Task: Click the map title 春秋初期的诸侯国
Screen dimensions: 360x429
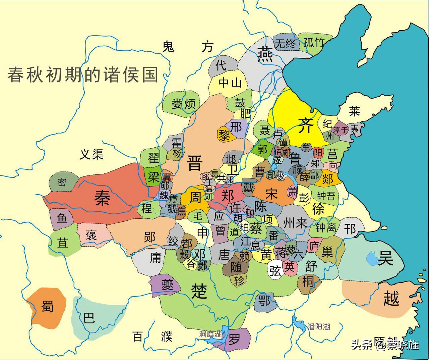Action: [x=83, y=74]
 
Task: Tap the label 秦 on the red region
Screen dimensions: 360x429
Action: [x=102, y=197]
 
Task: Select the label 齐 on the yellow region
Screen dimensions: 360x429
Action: [x=305, y=125]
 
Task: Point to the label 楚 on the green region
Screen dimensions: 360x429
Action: [x=200, y=290]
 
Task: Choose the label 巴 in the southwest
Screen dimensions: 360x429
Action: [x=89, y=317]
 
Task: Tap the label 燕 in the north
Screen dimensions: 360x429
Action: [x=265, y=54]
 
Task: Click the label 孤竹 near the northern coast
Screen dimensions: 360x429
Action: [x=314, y=43]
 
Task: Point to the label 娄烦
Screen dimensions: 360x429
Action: [x=183, y=104]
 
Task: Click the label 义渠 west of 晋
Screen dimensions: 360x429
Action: [x=91, y=154]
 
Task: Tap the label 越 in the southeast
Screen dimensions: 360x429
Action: [x=391, y=298]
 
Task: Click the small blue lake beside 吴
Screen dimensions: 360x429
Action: [x=372, y=258]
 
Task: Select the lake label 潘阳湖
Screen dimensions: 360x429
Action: [x=319, y=326]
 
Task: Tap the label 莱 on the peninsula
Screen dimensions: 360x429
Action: [x=354, y=111]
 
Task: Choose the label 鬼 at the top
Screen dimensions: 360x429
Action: [x=168, y=47]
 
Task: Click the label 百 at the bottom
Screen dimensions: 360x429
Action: [x=137, y=336]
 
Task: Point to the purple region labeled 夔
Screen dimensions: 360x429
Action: [x=167, y=286]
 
